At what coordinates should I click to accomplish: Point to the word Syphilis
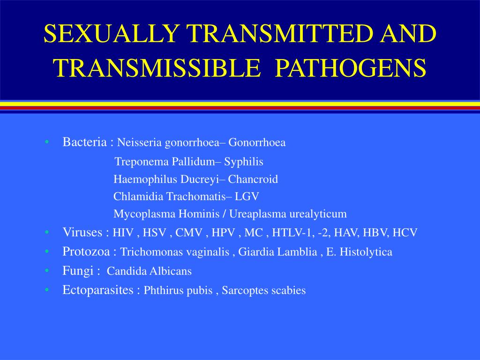click(x=244, y=162)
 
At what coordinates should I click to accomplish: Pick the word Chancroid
click(x=253, y=180)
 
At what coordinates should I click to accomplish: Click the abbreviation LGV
click(x=247, y=197)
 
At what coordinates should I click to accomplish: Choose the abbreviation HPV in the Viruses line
click(x=223, y=233)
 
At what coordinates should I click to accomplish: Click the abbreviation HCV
click(x=405, y=233)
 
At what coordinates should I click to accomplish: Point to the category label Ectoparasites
click(x=98, y=290)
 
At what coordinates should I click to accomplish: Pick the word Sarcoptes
click(x=244, y=291)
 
